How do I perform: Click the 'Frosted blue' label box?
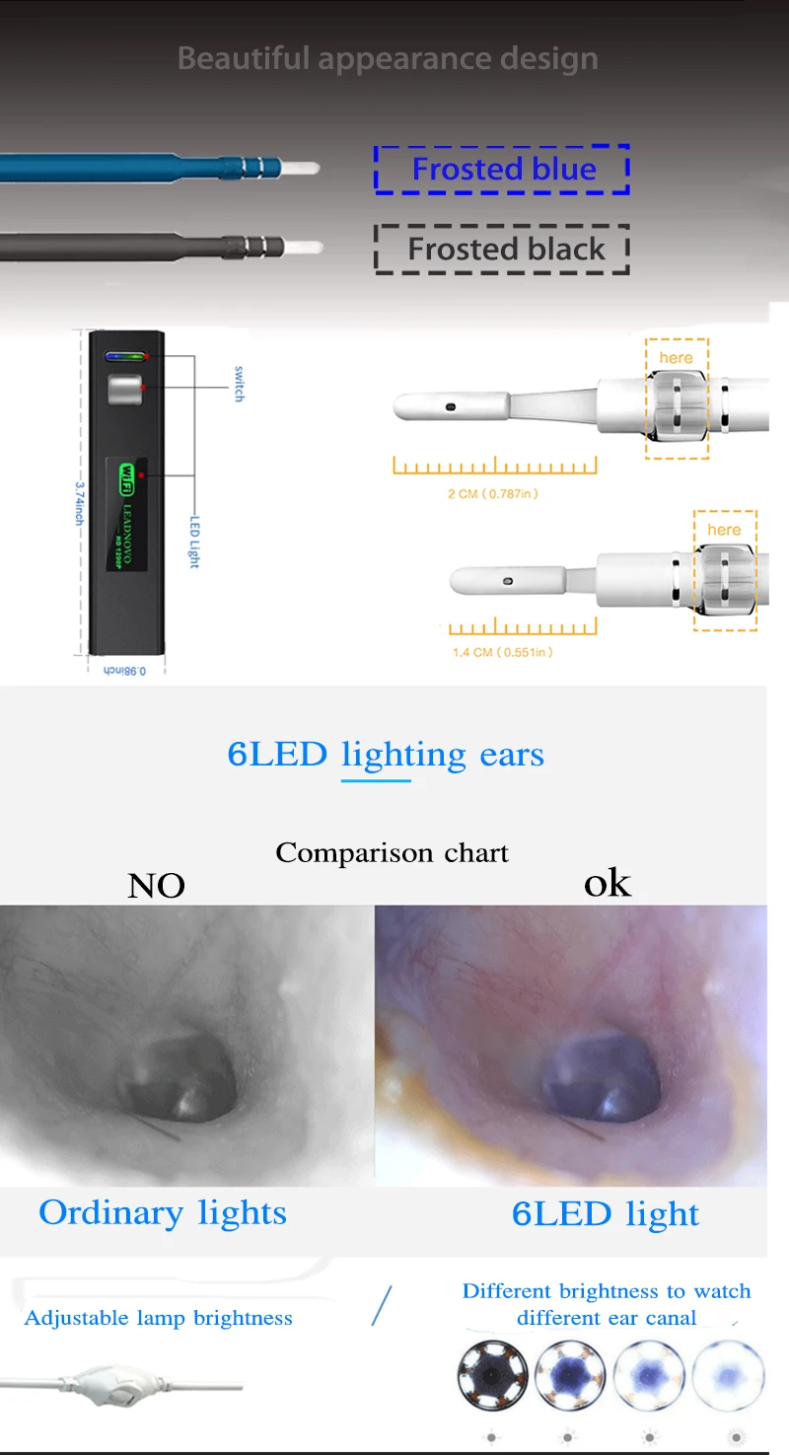click(x=502, y=170)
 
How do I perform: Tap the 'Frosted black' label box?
click(x=502, y=249)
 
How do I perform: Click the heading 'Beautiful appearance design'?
click(x=388, y=58)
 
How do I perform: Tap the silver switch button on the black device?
click(x=125, y=390)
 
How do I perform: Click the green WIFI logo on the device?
click(x=125, y=475)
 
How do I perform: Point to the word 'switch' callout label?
click(x=238, y=383)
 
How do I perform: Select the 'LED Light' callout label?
click(x=194, y=541)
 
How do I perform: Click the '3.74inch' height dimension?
click(x=79, y=502)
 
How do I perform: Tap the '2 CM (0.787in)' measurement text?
click(x=493, y=493)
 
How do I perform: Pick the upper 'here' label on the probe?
click(x=676, y=357)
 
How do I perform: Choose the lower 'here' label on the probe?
click(x=723, y=530)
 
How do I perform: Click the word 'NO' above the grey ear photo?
click(x=156, y=886)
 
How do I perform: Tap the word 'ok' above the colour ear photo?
click(x=607, y=883)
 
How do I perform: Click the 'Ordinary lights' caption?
click(x=163, y=1212)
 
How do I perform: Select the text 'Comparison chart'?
click(x=392, y=852)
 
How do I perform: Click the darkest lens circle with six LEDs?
click(x=493, y=1374)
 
